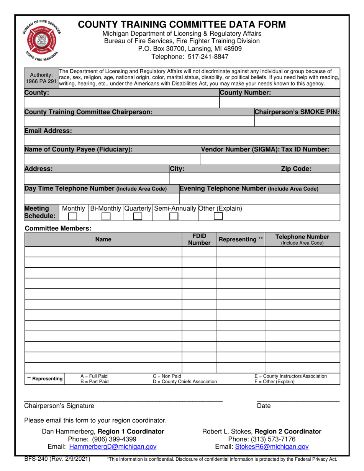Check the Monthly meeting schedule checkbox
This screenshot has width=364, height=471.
(x=72, y=216)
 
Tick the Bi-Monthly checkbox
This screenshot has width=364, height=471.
(x=106, y=216)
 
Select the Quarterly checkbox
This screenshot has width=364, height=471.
(x=137, y=216)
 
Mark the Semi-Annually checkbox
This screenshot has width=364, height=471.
(x=174, y=216)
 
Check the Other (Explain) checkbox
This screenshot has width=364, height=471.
(x=218, y=216)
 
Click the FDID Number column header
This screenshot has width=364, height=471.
(x=199, y=239)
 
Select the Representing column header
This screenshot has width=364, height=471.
(x=241, y=240)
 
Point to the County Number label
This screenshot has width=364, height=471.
(x=246, y=93)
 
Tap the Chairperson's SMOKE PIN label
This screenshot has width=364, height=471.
(x=297, y=112)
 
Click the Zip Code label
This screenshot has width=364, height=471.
(x=296, y=168)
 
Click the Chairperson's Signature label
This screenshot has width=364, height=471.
(x=59, y=406)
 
